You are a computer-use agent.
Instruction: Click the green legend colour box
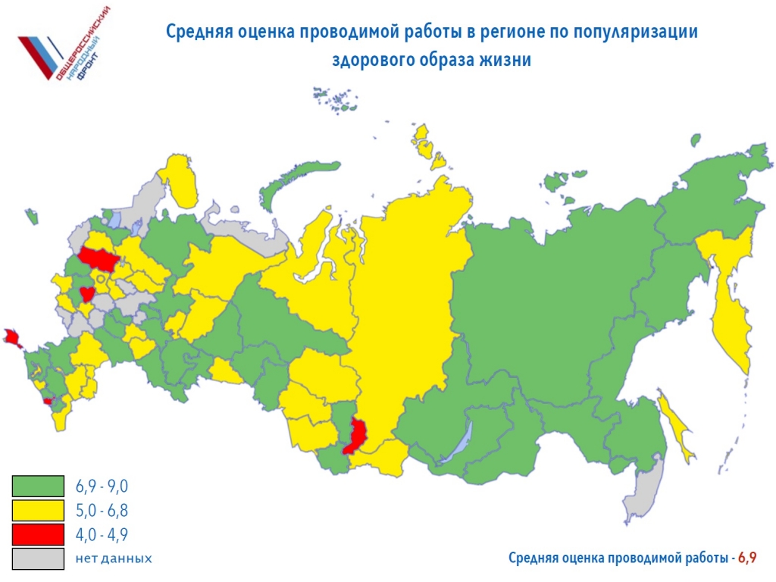38,486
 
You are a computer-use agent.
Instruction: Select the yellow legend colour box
38,510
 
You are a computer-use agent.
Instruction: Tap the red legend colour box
38,534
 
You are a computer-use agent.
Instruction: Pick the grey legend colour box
38,559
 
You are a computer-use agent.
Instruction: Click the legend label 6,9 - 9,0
102,486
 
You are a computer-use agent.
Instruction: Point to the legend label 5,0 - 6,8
102,510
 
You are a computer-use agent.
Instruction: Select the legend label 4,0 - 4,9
102,534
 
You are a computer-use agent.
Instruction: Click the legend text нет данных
114,559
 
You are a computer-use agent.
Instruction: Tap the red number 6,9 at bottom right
747,559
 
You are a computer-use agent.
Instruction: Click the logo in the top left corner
64,47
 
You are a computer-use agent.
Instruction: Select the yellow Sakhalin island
677,428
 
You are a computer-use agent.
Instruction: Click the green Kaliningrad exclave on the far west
32,217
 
